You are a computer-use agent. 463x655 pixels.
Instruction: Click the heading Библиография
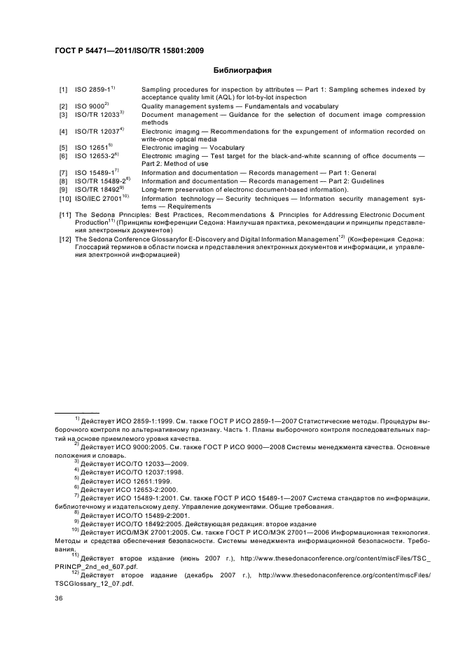(x=242, y=70)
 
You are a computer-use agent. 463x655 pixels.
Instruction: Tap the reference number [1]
(x=63, y=90)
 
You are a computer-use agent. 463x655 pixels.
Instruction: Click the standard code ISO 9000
(x=89, y=106)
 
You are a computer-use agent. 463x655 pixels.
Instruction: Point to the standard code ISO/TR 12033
(x=97, y=114)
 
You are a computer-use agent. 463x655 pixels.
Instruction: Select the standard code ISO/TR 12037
(x=97, y=132)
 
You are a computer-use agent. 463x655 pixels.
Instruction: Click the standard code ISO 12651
(x=90, y=148)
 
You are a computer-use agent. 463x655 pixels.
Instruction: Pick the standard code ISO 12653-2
(x=95, y=156)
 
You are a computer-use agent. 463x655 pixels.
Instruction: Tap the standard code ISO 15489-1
(x=95, y=173)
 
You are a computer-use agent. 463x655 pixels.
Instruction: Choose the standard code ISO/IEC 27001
(x=98, y=197)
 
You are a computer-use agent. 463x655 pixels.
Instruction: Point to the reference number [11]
(x=65, y=215)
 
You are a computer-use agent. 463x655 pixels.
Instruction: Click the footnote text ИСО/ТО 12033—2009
(x=144, y=463)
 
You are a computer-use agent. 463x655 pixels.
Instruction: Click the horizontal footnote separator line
(x=77, y=412)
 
